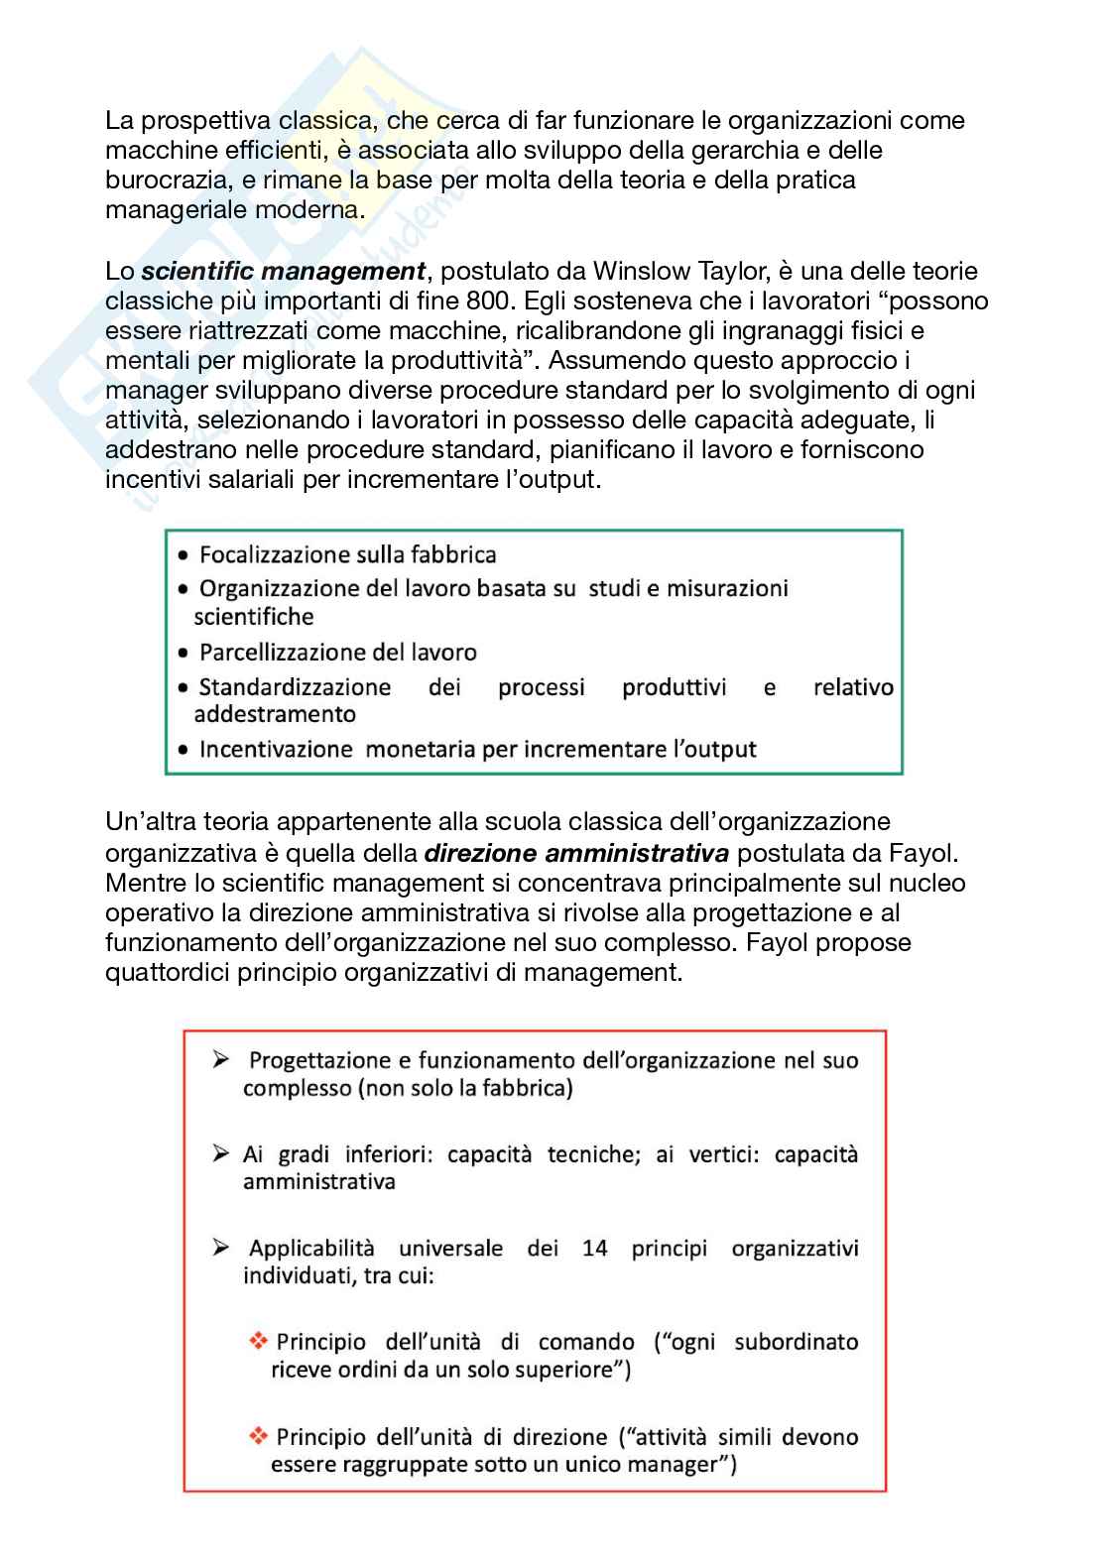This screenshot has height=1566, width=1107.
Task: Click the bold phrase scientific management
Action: point(284,272)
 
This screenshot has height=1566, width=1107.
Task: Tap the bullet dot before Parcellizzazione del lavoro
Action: point(183,654)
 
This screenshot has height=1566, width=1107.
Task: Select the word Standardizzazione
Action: point(295,687)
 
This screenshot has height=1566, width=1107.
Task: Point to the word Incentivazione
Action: point(276,750)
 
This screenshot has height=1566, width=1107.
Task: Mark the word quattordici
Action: point(168,972)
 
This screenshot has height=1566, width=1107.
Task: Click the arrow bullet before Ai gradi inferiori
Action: point(220,1154)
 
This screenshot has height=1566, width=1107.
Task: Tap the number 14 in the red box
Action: point(594,1249)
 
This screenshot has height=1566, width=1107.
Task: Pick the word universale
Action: point(450,1249)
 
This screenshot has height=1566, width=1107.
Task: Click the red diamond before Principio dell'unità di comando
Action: point(259,1342)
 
